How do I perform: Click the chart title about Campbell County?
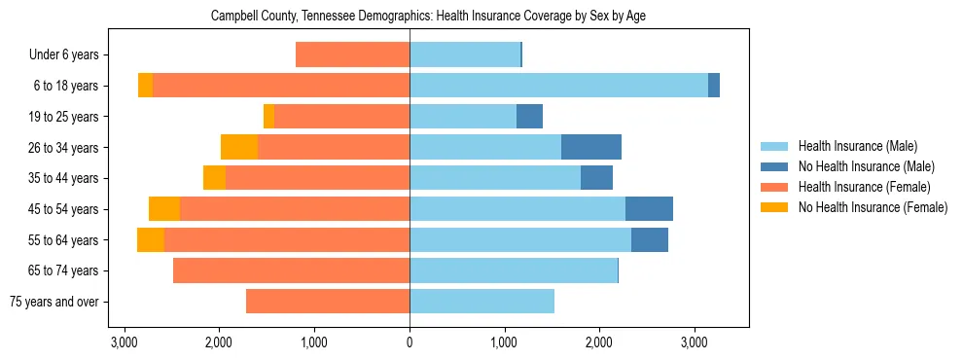point(428,17)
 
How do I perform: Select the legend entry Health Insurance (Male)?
point(857,146)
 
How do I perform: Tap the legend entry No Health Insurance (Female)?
point(873,207)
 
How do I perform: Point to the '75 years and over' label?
point(54,302)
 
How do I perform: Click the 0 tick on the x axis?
point(410,343)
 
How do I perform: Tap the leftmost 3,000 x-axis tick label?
point(124,343)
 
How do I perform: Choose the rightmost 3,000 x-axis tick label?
point(694,343)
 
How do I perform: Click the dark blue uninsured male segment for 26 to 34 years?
point(591,147)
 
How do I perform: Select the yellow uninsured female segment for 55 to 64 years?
point(151,239)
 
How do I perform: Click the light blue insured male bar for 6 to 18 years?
point(558,86)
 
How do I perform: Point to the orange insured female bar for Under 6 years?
point(352,54)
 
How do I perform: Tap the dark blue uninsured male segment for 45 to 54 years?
point(649,209)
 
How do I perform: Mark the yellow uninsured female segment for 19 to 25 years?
point(268,117)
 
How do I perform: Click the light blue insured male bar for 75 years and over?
point(481,302)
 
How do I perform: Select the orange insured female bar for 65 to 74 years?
point(291,270)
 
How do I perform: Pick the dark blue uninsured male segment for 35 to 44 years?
point(596,178)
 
